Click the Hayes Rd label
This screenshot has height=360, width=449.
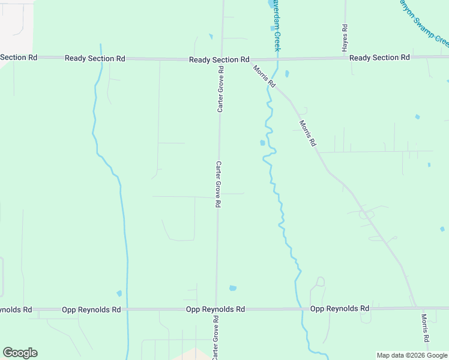coord(345,38)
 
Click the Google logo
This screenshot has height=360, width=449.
coord(20,353)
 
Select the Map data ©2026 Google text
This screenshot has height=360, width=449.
coord(412,355)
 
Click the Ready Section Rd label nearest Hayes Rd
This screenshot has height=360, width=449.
coord(379,58)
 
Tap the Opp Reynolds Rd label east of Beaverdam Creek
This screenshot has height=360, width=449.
coord(340,308)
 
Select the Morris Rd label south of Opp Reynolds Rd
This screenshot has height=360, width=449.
coord(425,328)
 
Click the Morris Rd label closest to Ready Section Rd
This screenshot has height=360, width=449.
coord(264,76)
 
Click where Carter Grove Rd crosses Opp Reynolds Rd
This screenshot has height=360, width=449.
coord(216,309)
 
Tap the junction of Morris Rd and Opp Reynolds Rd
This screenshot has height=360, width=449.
coord(417,308)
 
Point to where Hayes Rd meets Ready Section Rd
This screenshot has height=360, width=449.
coord(345,58)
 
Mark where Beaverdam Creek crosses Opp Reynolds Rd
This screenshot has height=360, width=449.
coord(300,308)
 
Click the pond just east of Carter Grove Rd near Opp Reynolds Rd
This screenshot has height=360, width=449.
coord(233,288)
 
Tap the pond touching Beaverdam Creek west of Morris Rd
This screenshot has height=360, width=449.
coord(262,143)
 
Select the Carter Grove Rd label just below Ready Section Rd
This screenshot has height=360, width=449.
coord(221,89)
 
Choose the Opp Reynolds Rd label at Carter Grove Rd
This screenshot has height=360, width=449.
coord(215,309)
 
